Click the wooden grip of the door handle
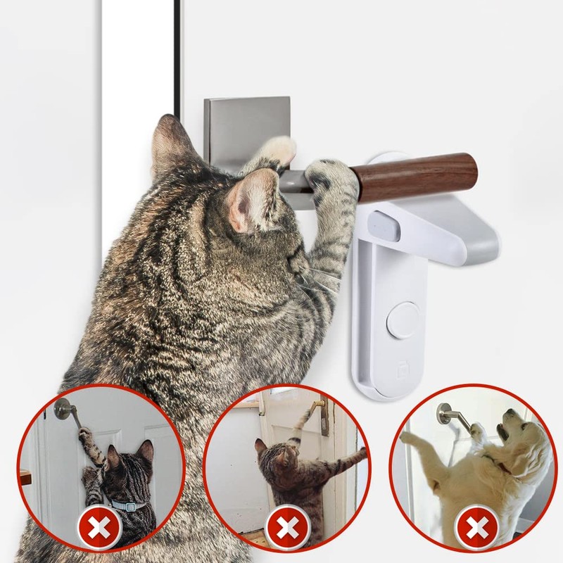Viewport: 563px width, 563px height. click(x=415, y=176)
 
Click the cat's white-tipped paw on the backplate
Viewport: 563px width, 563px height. click(x=279, y=149)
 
